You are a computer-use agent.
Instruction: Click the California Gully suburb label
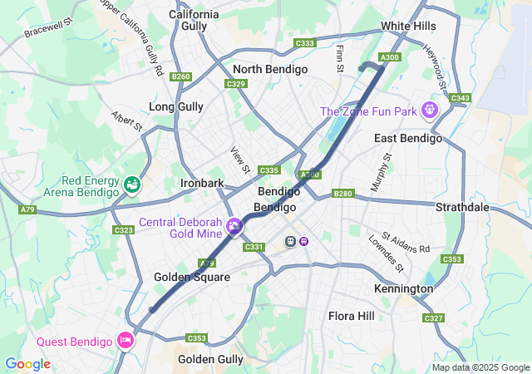[194, 20]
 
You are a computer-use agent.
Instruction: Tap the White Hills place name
[408, 26]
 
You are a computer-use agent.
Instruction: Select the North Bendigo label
[270, 69]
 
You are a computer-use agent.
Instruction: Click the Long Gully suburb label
[175, 106]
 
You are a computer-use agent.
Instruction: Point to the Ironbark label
[202, 183]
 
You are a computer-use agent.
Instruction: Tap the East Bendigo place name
[407, 137]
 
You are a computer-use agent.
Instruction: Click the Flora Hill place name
[352, 316]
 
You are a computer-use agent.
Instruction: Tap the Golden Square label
[192, 277]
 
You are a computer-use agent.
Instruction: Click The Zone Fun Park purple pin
[429, 109]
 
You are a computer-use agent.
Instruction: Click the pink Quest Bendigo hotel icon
[126, 340]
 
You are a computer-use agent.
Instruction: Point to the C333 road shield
[305, 43]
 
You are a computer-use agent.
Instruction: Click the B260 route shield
[180, 76]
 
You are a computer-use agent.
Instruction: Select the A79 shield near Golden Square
[208, 263]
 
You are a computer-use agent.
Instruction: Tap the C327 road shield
[433, 318]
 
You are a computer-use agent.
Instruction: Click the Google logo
[27, 364]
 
